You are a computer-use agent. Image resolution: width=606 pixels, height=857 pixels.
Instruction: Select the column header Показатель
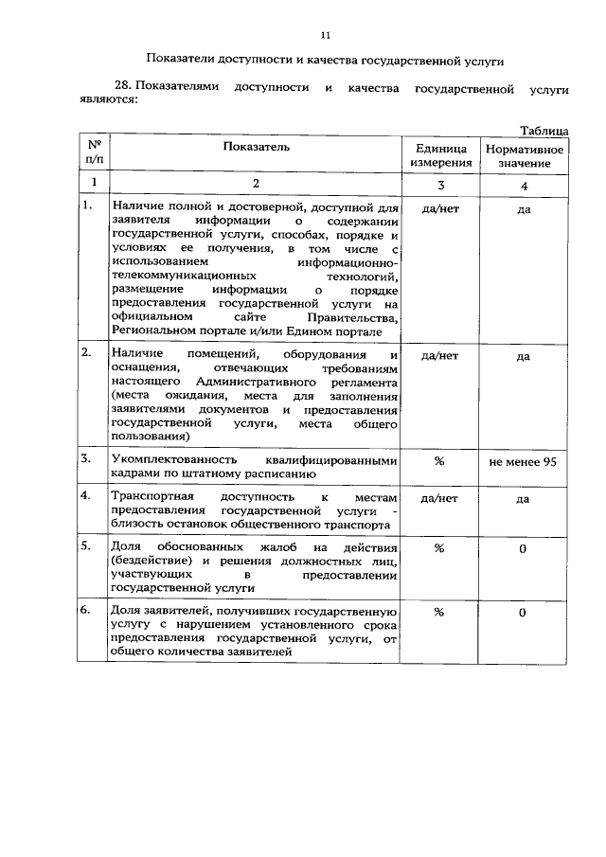[257, 147]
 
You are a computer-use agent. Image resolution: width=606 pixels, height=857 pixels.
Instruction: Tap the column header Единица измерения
[440, 156]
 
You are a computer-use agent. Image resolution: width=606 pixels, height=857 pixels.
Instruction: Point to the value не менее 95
[523, 461]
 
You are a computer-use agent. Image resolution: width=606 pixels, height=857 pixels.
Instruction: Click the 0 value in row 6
[523, 613]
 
